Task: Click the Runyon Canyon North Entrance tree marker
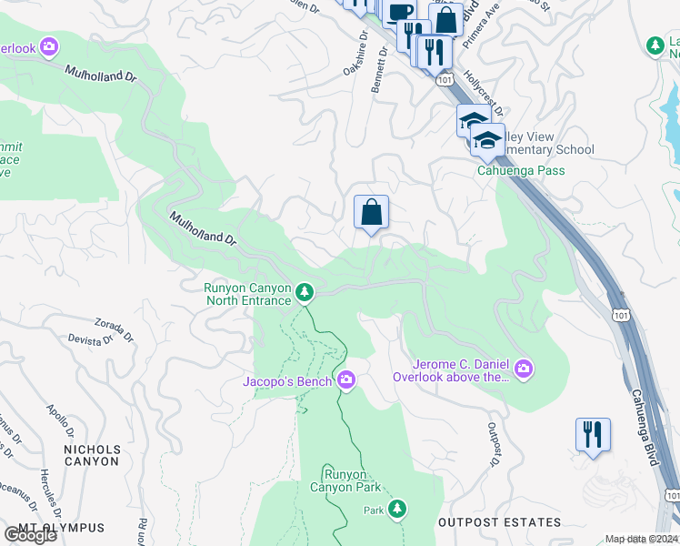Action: [x=305, y=292]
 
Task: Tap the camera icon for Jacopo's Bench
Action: [x=345, y=379]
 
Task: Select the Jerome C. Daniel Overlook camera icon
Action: [x=524, y=369]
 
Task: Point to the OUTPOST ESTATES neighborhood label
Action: [x=499, y=522]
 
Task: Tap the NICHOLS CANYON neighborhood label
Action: [x=91, y=455]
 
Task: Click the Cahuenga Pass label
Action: [x=521, y=170]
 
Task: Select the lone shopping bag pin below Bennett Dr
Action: [x=371, y=214]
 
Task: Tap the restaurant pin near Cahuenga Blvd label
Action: [x=593, y=435]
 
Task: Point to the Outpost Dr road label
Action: [x=495, y=445]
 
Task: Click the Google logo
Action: [x=30, y=535]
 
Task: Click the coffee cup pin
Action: [x=399, y=13]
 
